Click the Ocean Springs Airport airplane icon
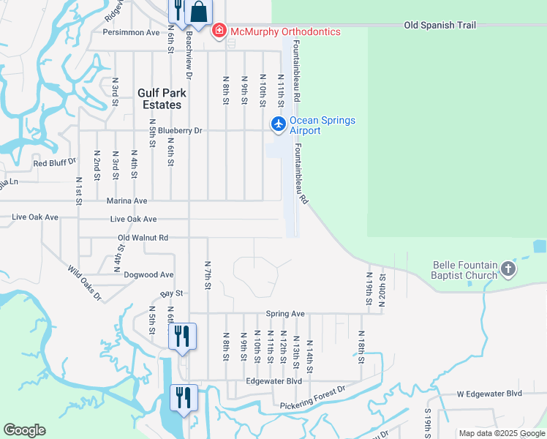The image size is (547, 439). [278, 124]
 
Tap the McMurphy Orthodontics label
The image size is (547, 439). [284, 31]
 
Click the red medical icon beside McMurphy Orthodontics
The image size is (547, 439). [218, 31]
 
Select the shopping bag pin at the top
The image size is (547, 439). [198, 12]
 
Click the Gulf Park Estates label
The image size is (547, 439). [162, 99]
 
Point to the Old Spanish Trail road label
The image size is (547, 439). [440, 26]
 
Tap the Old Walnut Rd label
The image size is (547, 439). [143, 238]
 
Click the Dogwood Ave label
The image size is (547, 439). [148, 275]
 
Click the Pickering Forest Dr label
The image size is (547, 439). [312, 398]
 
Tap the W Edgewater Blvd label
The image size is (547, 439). [490, 393]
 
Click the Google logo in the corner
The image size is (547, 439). [24, 430]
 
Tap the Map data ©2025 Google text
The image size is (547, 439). [502, 433]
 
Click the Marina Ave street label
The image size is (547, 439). [127, 200]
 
